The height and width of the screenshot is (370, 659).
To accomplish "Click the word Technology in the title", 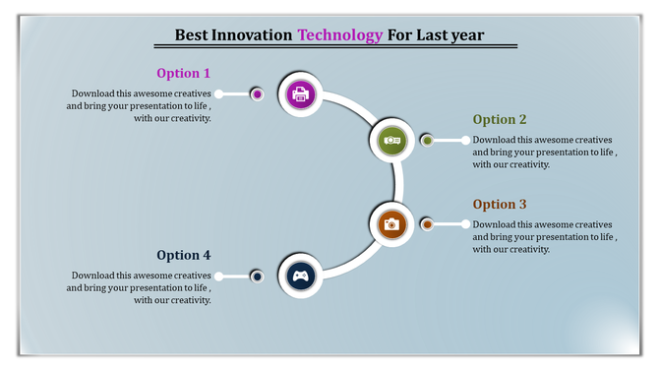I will tap(340, 35).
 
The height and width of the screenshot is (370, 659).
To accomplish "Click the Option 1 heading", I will tap(183, 73).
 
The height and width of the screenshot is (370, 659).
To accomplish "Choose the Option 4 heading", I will tap(183, 256).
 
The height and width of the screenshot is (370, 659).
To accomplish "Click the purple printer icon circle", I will tap(301, 94).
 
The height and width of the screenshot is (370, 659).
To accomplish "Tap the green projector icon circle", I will tap(391, 141).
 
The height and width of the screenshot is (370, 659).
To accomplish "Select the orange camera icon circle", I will tap(391, 224).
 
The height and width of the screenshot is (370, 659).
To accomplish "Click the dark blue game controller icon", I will tap(301, 277).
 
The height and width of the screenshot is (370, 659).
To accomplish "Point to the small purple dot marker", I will tap(257, 94).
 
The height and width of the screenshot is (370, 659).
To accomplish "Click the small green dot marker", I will tap(427, 141).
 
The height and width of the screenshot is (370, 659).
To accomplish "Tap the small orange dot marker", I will tap(427, 224).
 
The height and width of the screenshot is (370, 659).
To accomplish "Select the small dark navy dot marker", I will tap(257, 277).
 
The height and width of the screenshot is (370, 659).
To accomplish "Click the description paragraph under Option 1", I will tap(140, 105).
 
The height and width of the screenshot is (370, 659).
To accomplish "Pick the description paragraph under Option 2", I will tap(544, 152).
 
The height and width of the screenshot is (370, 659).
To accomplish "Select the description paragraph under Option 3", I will tap(544, 237).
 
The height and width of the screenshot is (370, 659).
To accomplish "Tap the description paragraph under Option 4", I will tap(140, 287).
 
